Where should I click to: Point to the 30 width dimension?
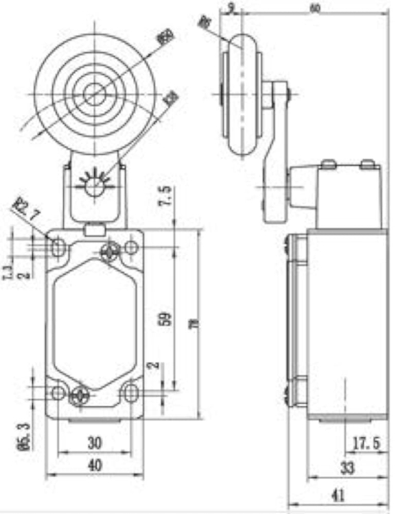tap(95, 443)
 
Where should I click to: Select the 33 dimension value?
tap(347, 469)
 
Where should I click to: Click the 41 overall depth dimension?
tap(337, 495)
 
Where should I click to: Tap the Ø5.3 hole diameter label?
tap(22, 437)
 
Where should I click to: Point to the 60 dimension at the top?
tap(315, 8)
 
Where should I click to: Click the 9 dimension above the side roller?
tap(231, 8)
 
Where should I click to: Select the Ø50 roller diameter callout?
tap(165, 36)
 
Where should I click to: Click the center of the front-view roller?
tap(94, 94)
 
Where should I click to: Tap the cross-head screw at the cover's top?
tap(109, 252)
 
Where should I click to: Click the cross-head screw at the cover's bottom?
tap(80, 394)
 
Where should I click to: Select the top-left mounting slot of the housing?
tap(59, 245)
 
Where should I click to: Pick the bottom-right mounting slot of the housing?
tap(130, 393)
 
